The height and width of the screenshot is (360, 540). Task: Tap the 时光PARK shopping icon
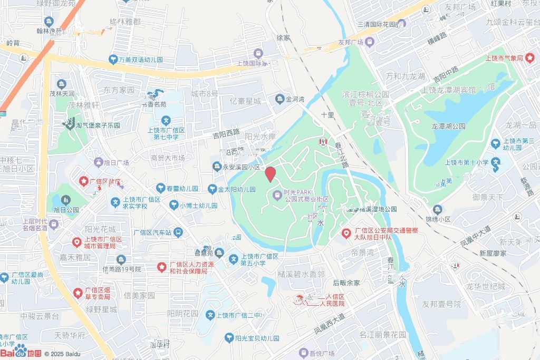click(277, 196)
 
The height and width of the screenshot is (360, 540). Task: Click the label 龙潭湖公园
click(448, 127)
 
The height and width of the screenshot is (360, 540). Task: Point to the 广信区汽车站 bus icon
click(179, 232)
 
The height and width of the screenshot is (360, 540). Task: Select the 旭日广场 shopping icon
click(98, 162)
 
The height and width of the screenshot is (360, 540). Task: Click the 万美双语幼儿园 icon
click(113, 59)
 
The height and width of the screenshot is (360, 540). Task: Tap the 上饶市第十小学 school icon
click(496, 162)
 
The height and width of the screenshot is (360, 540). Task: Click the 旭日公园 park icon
click(65, 200)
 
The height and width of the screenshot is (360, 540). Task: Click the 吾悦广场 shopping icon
click(303, 352)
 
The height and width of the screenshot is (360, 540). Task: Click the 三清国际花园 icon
click(402, 24)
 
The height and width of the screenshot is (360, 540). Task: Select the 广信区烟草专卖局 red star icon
click(78, 292)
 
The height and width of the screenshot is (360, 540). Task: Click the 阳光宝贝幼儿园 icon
click(229, 338)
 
